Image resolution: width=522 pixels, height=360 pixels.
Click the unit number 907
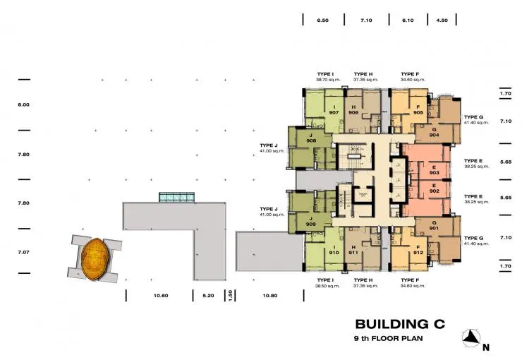[x=333, y=112]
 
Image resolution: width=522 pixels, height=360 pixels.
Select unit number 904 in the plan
[x=434, y=135]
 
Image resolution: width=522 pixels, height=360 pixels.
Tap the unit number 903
[x=434, y=172]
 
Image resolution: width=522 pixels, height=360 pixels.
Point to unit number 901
[x=434, y=227]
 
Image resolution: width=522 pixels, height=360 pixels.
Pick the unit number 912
[x=418, y=252]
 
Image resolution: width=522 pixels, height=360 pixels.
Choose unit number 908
[x=310, y=140]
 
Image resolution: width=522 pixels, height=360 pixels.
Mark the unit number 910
[x=333, y=252]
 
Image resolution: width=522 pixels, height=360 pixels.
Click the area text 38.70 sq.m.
[x=328, y=80]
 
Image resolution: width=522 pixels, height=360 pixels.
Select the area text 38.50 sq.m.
[x=328, y=287]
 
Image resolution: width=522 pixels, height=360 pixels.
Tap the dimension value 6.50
[x=323, y=21]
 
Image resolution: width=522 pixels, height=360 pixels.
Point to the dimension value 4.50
[x=442, y=21]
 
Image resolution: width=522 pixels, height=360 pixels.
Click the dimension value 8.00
[x=23, y=104]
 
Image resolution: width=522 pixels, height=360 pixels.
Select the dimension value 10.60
[x=159, y=296]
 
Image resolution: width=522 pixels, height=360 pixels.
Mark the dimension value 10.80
[x=269, y=296]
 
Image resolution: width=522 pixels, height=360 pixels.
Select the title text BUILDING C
[x=402, y=324]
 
